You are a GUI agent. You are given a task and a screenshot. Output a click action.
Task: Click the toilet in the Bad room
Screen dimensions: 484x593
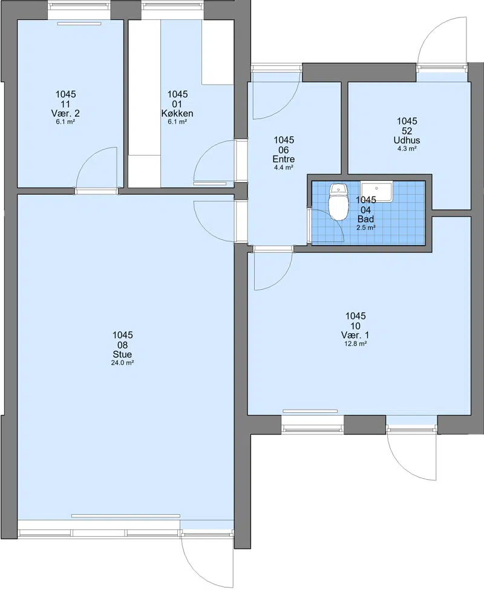pyautogui.click(x=338, y=202)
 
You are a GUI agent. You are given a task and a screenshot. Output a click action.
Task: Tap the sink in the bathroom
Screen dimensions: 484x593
pyautogui.click(x=376, y=192)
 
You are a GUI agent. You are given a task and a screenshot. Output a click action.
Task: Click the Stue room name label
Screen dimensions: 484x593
pyautogui.click(x=122, y=355)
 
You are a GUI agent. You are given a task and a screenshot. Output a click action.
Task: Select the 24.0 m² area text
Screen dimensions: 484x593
pyautogui.click(x=122, y=362)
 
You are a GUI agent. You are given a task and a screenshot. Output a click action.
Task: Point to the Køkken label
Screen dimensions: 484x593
pyautogui.click(x=177, y=114)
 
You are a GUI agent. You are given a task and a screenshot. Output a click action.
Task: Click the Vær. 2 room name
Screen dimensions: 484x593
pyautogui.click(x=65, y=114)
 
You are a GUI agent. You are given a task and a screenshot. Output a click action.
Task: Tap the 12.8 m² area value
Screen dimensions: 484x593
pyautogui.click(x=356, y=344)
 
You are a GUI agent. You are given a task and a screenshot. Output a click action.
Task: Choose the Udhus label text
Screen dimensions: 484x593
pyautogui.click(x=407, y=140)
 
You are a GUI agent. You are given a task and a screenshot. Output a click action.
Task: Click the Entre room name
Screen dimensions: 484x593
pyautogui.click(x=284, y=159)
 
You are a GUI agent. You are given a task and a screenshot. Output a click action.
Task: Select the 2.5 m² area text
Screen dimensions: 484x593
pyautogui.click(x=365, y=228)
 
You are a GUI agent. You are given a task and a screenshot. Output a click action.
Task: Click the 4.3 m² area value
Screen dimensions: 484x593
pyautogui.click(x=407, y=149)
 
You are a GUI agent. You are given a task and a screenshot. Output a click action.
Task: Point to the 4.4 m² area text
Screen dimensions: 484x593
pyautogui.click(x=284, y=168)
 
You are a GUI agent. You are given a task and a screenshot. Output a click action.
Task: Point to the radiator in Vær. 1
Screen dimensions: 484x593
pyautogui.click(x=310, y=411)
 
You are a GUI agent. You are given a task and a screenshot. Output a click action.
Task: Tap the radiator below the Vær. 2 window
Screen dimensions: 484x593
pyautogui.click(x=79, y=24)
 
